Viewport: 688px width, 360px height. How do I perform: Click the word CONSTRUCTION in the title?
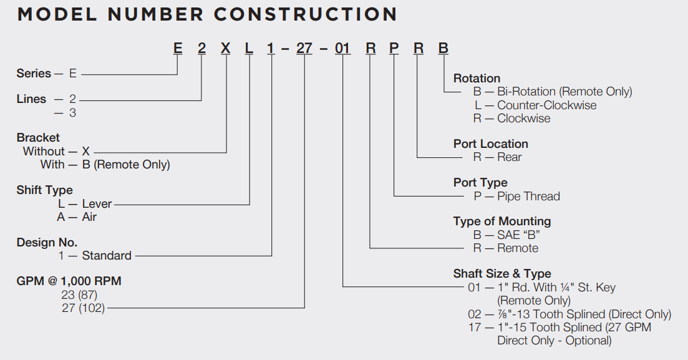[x=305, y=14]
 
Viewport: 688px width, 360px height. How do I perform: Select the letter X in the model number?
[x=226, y=49]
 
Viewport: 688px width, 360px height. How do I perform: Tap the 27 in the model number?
[x=304, y=49]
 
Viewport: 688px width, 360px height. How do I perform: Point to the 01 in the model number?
[x=343, y=49]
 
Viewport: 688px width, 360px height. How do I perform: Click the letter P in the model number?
[x=394, y=49]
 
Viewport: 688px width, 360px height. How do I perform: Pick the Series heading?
[x=34, y=74]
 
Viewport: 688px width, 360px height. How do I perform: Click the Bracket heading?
[x=38, y=137]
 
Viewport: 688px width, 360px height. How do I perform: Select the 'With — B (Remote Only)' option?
[x=105, y=165]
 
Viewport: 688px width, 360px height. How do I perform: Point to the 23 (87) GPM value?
[x=79, y=294]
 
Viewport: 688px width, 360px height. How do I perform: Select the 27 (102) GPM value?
[x=83, y=308]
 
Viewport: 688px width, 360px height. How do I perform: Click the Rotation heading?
[x=477, y=79]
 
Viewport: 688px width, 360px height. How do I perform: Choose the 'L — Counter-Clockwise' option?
[x=535, y=105]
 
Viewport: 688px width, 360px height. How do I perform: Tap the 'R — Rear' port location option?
[x=497, y=157]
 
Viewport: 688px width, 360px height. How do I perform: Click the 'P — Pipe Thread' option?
[x=516, y=197]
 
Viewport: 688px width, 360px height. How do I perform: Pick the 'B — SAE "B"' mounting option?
[x=506, y=235]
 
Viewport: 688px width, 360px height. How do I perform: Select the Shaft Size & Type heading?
[x=502, y=274]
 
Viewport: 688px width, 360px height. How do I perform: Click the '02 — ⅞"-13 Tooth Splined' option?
[x=569, y=314]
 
